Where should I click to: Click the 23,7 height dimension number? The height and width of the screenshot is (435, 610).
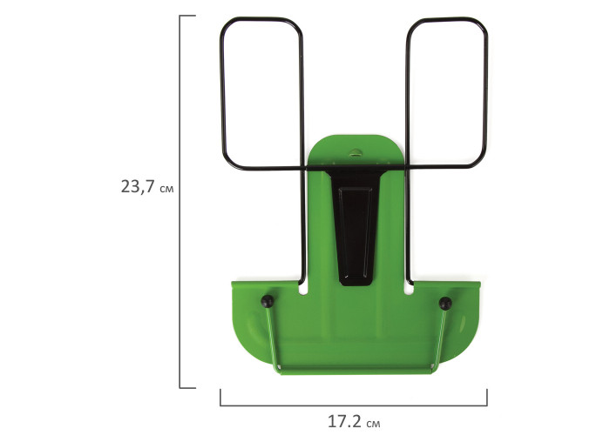click(x=138, y=186)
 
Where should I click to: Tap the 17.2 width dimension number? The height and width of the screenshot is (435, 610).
click(x=344, y=421)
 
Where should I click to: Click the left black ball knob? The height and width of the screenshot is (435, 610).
click(x=268, y=301)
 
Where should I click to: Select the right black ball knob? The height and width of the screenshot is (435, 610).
click(x=445, y=304)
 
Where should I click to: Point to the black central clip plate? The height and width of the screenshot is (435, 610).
click(x=356, y=225)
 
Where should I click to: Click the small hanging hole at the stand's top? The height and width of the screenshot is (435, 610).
click(x=355, y=151)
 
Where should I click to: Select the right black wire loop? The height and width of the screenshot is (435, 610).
click(x=485, y=93)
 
